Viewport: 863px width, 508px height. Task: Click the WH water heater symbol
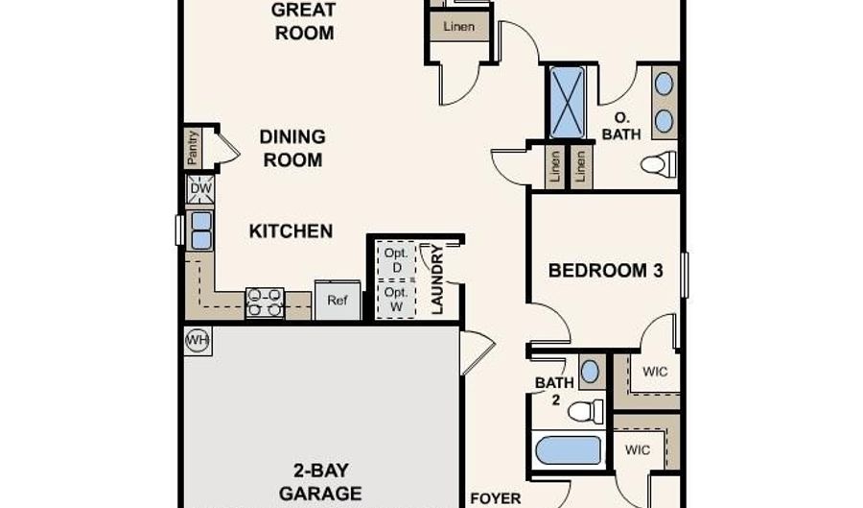tap(198, 340)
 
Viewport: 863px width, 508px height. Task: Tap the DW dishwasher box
tap(200, 189)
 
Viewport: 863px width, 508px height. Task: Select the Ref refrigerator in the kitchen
tap(338, 301)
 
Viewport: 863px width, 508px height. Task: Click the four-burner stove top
tap(265, 303)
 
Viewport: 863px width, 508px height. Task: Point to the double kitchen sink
tap(200, 230)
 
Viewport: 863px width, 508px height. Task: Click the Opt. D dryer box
tap(396, 260)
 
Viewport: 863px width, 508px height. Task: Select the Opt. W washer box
tap(396, 300)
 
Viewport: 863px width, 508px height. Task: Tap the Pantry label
tap(193, 148)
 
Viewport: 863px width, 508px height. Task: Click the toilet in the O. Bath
tap(659, 163)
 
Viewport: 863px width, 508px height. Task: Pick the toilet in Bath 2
tap(586, 411)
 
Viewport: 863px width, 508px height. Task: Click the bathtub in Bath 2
tap(568, 450)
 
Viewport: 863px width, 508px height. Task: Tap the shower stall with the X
tap(567, 103)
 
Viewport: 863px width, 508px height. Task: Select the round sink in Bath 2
tap(590, 372)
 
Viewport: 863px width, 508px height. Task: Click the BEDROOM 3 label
tap(605, 271)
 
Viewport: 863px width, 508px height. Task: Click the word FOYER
tap(496, 498)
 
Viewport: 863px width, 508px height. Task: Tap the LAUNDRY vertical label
tap(437, 279)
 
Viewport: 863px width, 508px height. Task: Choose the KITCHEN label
tap(291, 231)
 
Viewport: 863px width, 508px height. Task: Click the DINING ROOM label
tap(292, 148)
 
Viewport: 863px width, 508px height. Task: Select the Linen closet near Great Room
tap(459, 27)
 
